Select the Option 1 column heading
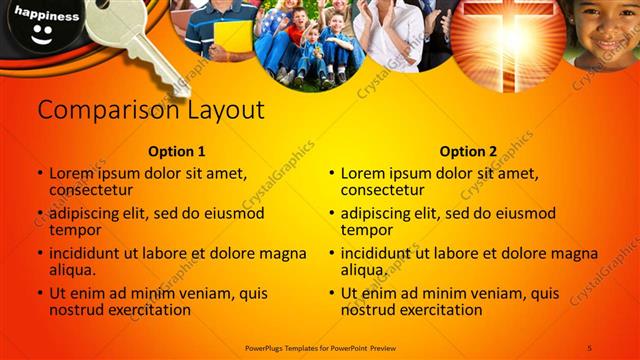tap(176, 152)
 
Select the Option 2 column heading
tap(468, 152)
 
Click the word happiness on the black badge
tap(47, 17)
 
